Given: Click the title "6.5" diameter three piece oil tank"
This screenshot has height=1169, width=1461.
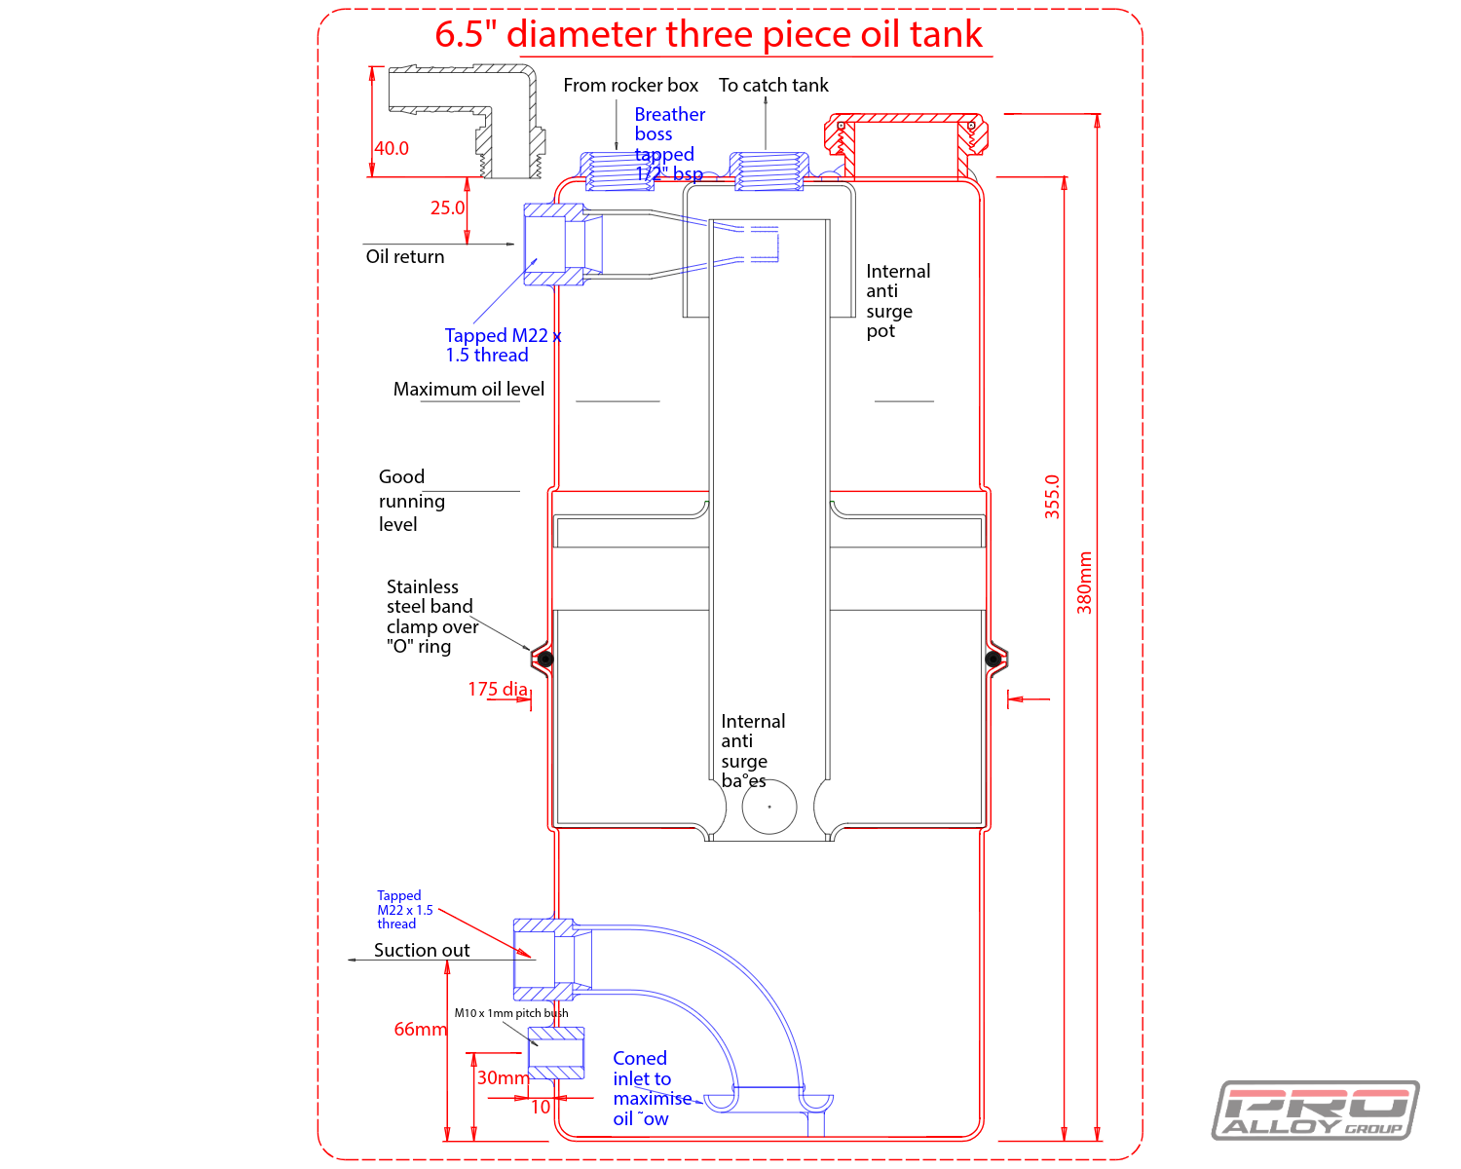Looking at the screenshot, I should pyautogui.click(x=709, y=34).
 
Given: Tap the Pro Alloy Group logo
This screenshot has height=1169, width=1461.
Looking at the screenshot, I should pyautogui.click(x=1315, y=1111).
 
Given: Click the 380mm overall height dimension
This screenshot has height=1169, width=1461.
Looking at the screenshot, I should pyautogui.click(x=1084, y=583).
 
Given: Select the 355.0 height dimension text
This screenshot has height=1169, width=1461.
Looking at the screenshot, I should pyautogui.click(x=1052, y=497).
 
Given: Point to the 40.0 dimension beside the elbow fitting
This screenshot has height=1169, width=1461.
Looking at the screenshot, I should pyautogui.click(x=392, y=148).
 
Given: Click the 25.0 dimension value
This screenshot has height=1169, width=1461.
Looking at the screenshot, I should pyautogui.click(x=447, y=207).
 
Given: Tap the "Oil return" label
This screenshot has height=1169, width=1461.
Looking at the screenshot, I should pyautogui.click(x=405, y=256).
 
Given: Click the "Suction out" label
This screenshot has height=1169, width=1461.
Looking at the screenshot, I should pyautogui.click(x=422, y=950).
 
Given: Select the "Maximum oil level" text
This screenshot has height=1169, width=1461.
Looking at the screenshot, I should pyautogui.click(x=468, y=389).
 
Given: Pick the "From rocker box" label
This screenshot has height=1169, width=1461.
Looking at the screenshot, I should pyautogui.click(x=630, y=85).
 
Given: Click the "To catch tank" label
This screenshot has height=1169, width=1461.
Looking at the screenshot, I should pyautogui.click(x=773, y=85).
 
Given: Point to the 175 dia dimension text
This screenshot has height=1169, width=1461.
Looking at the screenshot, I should pyautogui.click(x=498, y=689).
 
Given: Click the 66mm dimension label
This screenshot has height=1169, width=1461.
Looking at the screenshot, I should pyautogui.click(x=420, y=1029).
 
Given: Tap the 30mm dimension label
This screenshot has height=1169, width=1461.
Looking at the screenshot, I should pyautogui.click(x=502, y=1077).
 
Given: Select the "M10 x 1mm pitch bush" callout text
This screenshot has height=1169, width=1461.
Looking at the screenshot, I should pyautogui.click(x=510, y=1013).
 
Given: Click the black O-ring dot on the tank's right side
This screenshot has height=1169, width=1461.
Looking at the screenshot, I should pyautogui.click(x=993, y=659).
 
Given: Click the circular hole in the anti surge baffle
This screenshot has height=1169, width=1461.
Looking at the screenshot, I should pyautogui.click(x=769, y=807).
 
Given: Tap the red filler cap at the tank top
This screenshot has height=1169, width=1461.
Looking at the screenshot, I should pyautogui.click(x=906, y=136).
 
